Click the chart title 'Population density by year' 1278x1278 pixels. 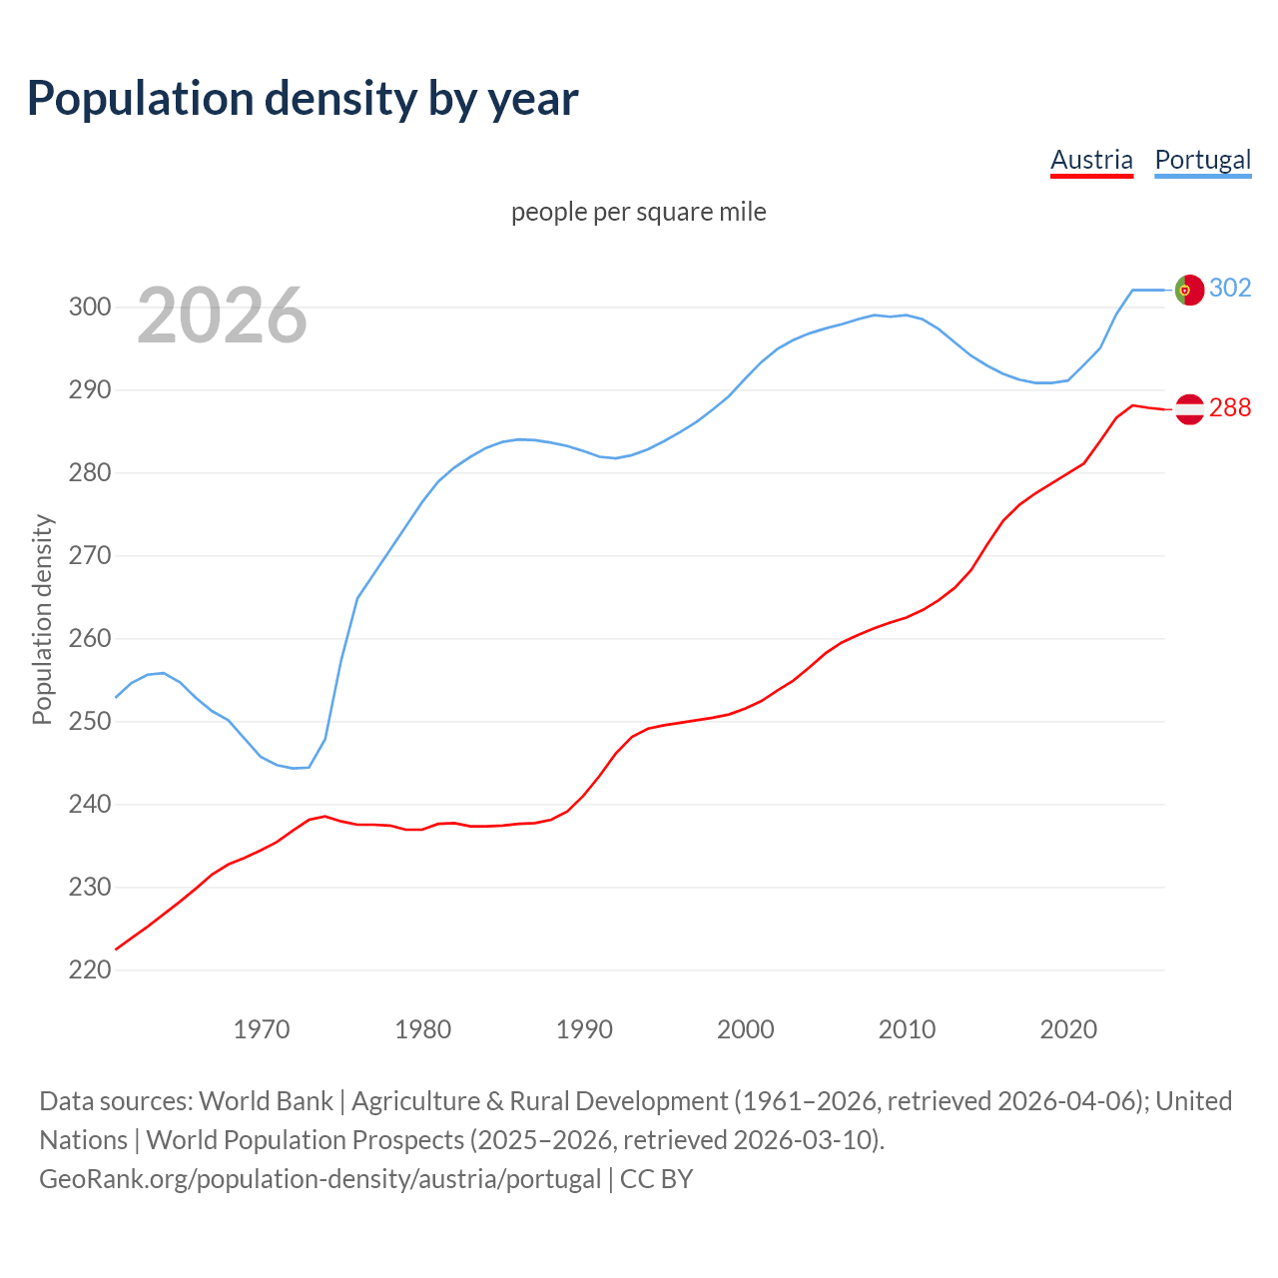(303, 98)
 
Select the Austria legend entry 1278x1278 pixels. (1091, 160)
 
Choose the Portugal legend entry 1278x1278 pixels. (1202, 160)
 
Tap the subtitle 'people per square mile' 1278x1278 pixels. (638, 212)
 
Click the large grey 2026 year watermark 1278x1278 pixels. (222, 316)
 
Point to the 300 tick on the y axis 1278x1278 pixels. (89, 307)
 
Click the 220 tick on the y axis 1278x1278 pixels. (89, 969)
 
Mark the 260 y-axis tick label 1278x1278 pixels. (89, 638)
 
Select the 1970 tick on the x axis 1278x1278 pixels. (262, 1029)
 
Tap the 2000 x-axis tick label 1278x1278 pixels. (746, 1029)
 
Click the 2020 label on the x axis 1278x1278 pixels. (1068, 1029)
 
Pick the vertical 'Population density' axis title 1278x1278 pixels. (42, 619)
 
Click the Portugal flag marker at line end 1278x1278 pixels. (1189, 290)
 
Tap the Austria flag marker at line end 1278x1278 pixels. (1189, 408)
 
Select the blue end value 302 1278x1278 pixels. (1230, 288)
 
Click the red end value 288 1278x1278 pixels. (1230, 407)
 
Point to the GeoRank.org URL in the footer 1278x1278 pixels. (319, 1179)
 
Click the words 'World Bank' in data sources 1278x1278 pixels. (266, 1101)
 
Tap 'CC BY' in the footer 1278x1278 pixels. (656, 1179)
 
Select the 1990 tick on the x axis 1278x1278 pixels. (584, 1029)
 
